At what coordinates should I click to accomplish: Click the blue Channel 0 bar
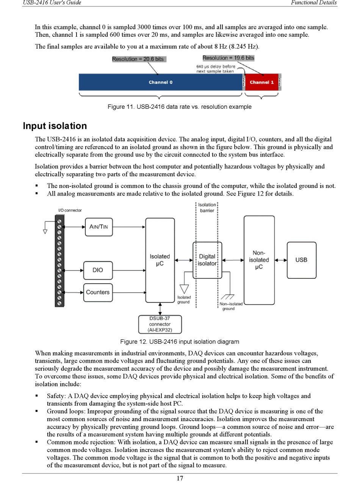click(x=160, y=82)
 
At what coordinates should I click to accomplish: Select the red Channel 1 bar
click(x=261, y=82)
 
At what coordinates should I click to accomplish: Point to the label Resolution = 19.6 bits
click(x=228, y=58)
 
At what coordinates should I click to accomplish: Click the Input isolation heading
click(x=55, y=126)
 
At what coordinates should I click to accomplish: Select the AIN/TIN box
click(x=99, y=227)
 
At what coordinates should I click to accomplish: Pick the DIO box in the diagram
click(x=98, y=270)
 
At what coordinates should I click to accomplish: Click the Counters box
click(x=98, y=292)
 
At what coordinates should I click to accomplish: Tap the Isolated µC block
click(x=160, y=260)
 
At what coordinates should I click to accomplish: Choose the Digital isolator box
click(x=207, y=260)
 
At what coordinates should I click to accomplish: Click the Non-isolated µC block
click(x=259, y=260)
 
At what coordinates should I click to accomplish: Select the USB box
click(x=301, y=260)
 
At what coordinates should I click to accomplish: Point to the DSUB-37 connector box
click(x=160, y=325)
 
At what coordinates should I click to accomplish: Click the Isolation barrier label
click(x=207, y=208)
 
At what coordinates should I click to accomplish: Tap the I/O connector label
click(x=70, y=210)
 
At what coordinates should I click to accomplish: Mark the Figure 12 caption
click(x=180, y=342)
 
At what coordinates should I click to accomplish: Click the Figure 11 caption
click(x=180, y=107)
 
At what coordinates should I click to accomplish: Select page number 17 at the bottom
click(x=180, y=478)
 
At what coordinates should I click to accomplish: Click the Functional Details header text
click(x=314, y=3)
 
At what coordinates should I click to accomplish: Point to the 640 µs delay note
click(x=215, y=69)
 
